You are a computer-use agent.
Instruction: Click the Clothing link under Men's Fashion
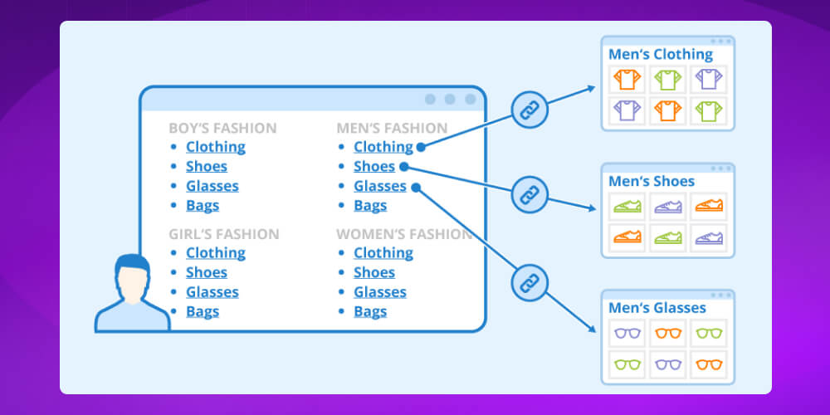tap(383, 147)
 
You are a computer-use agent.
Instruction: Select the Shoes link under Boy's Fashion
tap(207, 167)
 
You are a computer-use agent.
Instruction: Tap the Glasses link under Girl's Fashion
tap(212, 292)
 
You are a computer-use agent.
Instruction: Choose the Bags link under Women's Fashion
tap(370, 312)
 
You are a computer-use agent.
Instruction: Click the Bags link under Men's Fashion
tap(370, 206)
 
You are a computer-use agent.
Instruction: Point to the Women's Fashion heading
tap(404, 234)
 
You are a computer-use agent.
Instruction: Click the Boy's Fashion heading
tap(222, 128)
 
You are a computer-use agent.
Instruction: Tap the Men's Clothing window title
tap(661, 55)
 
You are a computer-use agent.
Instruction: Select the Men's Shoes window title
tap(652, 181)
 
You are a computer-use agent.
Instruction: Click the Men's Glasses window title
tap(657, 308)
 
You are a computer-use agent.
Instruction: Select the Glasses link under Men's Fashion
tap(380, 186)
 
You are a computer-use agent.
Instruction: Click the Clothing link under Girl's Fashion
tap(215, 253)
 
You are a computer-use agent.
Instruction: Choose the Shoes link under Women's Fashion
tap(374, 272)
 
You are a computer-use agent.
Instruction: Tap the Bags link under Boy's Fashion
tap(203, 206)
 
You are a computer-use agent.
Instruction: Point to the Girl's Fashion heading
tap(224, 234)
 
